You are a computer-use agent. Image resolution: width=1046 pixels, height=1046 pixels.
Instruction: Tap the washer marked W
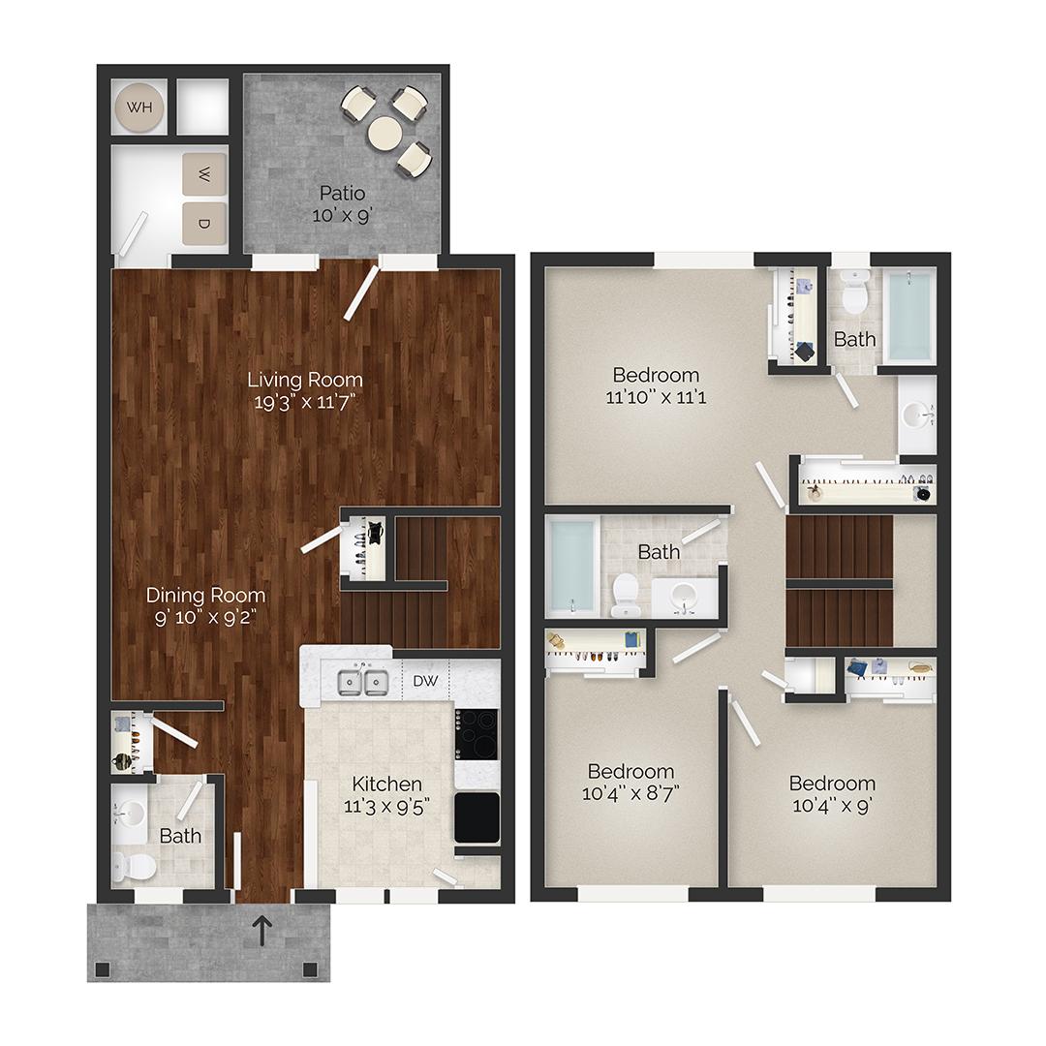click(x=204, y=176)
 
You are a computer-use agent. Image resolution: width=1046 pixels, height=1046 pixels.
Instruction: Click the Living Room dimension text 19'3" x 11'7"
click(x=305, y=402)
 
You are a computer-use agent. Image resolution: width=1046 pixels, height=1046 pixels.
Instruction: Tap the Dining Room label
click(x=205, y=595)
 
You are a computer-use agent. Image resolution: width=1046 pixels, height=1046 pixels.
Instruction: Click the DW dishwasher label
click(x=426, y=681)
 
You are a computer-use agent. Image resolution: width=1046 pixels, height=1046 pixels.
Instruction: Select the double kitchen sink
click(x=362, y=682)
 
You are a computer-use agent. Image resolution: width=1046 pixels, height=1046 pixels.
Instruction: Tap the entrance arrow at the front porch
click(x=261, y=931)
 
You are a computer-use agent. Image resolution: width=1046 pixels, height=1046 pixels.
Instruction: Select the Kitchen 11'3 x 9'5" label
click(x=386, y=793)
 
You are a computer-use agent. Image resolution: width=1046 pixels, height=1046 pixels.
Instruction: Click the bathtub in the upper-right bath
click(x=908, y=315)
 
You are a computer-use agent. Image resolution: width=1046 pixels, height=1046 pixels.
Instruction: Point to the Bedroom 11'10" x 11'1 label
click(x=656, y=385)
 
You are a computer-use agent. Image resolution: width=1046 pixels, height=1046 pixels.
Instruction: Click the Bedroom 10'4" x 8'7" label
click(x=631, y=782)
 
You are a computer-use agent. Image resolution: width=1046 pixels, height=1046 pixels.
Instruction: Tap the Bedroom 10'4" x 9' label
click(x=832, y=793)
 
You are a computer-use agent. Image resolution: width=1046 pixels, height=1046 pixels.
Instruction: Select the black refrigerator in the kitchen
click(x=477, y=817)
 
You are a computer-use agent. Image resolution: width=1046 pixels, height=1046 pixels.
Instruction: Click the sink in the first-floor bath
click(x=130, y=813)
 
